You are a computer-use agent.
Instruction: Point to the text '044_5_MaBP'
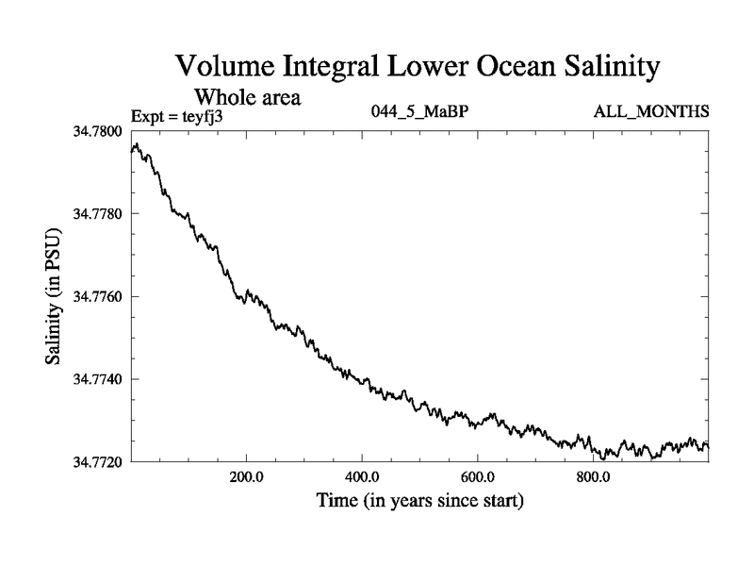coord(420,112)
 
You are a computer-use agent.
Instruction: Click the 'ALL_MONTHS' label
coord(650,112)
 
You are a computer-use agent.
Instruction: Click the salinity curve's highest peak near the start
coord(137,144)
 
